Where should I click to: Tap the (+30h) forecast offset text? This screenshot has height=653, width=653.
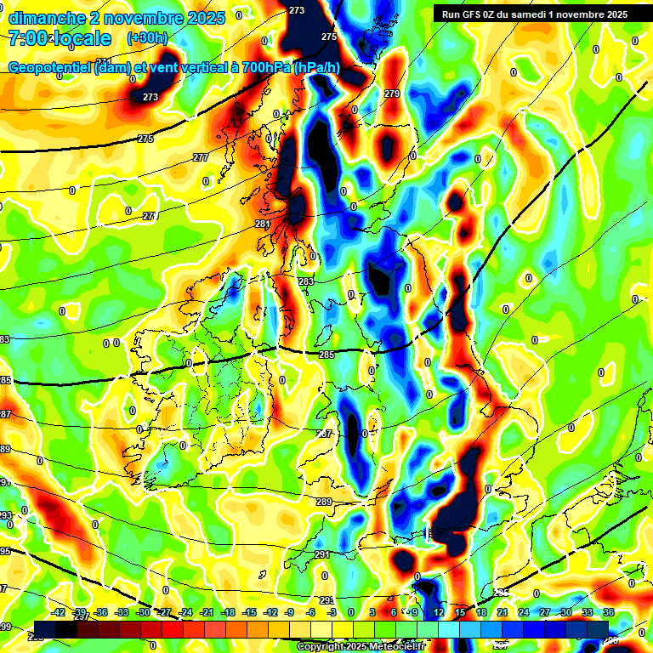[x=147, y=38]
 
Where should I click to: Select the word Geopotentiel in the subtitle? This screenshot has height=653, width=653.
[x=51, y=68]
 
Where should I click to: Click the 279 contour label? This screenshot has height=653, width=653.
[x=392, y=94]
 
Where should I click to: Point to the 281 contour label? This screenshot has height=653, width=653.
[x=263, y=224]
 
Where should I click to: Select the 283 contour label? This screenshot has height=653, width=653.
[x=306, y=281]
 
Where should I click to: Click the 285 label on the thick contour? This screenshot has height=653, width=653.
[x=326, y=355]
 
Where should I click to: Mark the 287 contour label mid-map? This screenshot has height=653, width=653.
[x=324, y=434]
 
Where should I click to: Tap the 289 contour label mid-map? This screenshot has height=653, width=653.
[x=324, y=503]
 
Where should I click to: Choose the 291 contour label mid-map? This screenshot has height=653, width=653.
[x=321, y=554]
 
